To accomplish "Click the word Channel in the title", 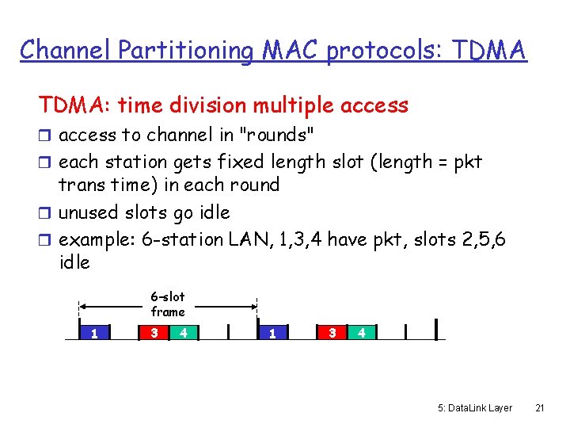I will coord(66,50).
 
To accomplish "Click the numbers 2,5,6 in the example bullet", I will coord(480,238).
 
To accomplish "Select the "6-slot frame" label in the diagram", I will coord(167,304).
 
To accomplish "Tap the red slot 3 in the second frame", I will coord(332,332).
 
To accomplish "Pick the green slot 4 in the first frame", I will coord(183,332).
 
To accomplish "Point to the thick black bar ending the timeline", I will coord(436,329).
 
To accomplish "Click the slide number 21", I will coord(539,407).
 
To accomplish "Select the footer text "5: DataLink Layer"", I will coord(475,407).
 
